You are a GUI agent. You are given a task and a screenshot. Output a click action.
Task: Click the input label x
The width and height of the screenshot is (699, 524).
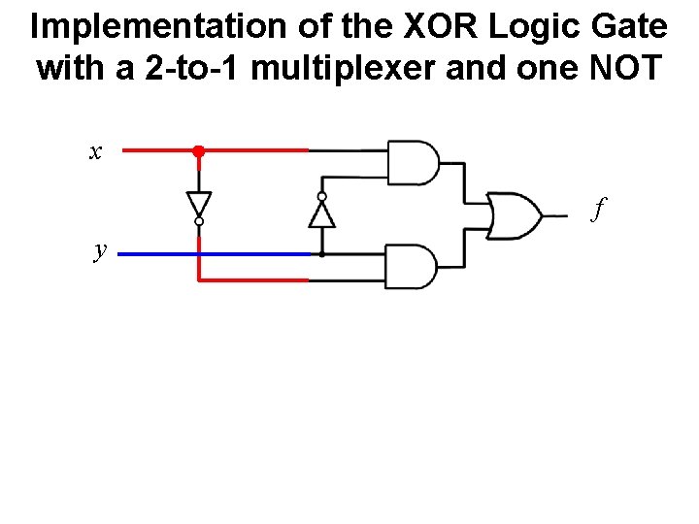(94, 151)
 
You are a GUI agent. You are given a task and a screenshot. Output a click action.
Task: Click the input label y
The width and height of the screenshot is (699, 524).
(100, 250)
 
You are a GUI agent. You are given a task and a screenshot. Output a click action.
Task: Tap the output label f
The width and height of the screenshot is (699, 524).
(600, 207)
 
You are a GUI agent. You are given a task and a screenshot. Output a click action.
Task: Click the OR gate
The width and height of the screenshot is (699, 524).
(515, 214)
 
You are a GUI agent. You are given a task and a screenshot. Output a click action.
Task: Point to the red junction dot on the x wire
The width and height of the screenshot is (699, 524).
(198, 151)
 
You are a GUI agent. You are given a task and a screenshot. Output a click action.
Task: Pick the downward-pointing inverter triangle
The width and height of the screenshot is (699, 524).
(198, 205)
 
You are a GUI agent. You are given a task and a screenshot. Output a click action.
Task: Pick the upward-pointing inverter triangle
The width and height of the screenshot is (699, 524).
(321, 213)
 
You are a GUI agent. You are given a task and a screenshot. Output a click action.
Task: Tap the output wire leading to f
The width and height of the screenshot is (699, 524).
(555, 214)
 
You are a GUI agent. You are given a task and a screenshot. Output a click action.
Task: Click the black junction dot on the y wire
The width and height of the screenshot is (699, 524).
(321, 254)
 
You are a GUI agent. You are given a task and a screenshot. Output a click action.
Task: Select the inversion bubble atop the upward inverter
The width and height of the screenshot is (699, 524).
(321, 195)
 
